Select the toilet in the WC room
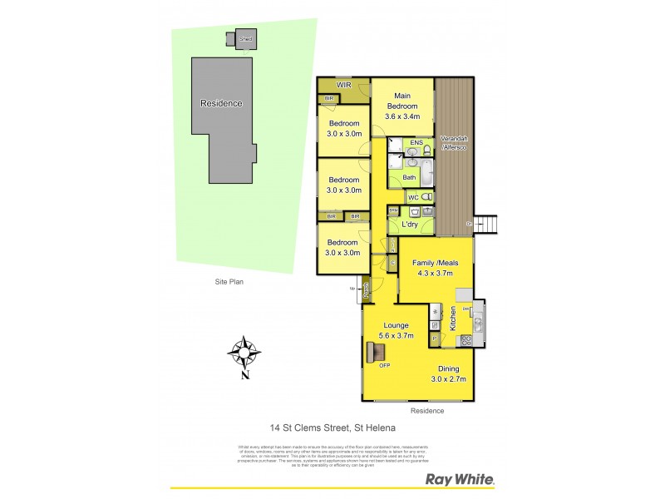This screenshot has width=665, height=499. point(426,197)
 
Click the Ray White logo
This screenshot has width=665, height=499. point(460,479)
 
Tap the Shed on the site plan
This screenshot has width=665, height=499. point(245,39)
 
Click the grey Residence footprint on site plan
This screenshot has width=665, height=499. point(220,116)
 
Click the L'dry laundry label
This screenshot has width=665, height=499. point(408,225)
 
